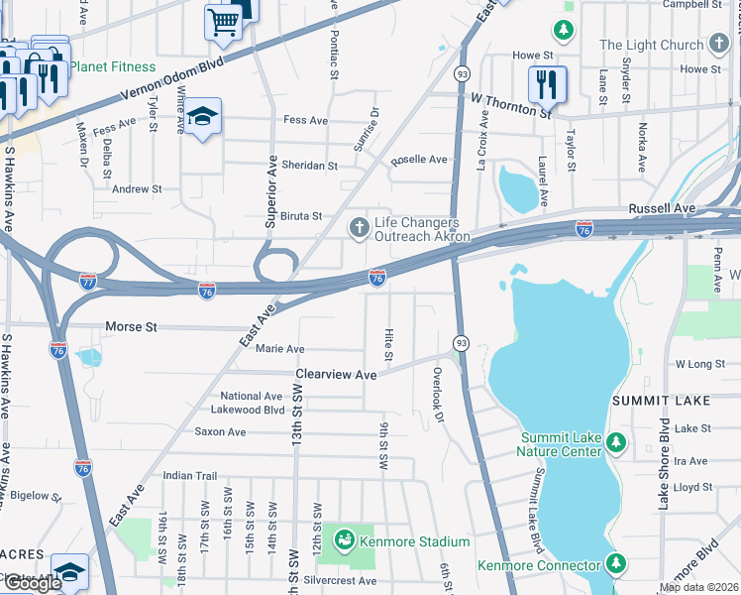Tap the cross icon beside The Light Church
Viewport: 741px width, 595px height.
point(719,45)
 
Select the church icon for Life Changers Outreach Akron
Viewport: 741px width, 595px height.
point(359,229)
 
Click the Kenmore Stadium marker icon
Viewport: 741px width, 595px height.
point(345,540)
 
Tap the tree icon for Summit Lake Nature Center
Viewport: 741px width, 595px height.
point(616,441)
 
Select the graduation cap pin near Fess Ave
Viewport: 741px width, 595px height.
point(202,119)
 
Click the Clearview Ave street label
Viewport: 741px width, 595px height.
point(337,375)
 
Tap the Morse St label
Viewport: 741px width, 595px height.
point(131,326)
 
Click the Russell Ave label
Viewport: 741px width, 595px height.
point(661,209)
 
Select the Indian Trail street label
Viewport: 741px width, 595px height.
point(189,476)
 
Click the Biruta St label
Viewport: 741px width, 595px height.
point(301,216)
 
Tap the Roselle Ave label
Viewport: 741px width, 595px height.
point(419,159)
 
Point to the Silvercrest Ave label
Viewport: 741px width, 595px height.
point(342,580)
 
